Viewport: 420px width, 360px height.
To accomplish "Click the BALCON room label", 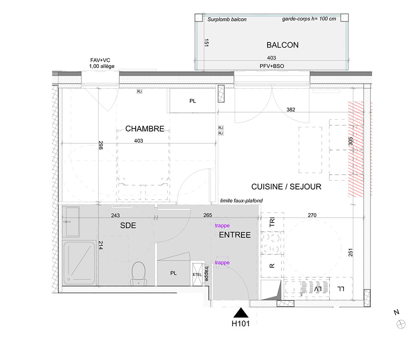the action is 282,45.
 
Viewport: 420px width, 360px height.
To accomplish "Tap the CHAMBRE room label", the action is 144,129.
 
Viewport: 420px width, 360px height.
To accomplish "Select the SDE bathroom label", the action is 128,226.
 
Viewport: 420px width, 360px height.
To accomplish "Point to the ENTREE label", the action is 235,235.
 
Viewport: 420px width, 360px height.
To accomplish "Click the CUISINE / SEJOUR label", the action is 286,187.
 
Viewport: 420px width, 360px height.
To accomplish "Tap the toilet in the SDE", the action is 139,273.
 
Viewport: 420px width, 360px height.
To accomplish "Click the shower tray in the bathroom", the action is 79,263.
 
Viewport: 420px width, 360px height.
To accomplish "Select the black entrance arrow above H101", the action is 241,313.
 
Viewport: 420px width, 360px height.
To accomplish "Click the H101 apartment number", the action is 241,323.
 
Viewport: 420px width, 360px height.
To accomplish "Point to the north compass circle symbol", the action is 401,324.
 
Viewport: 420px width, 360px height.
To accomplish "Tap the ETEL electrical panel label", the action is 197,275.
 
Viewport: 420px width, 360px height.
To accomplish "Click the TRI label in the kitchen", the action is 272,222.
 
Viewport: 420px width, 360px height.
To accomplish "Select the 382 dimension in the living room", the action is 291,110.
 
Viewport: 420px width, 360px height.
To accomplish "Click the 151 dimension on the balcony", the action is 206,43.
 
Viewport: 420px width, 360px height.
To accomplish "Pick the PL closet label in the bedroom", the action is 193,101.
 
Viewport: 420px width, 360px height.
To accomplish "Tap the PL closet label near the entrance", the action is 173,273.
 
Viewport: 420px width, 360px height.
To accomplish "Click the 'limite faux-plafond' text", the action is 241,201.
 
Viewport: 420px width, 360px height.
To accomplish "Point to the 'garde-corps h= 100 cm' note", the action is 309,19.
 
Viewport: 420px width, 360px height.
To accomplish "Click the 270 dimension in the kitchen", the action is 312,215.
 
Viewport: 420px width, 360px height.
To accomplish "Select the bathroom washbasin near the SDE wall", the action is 71,221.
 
